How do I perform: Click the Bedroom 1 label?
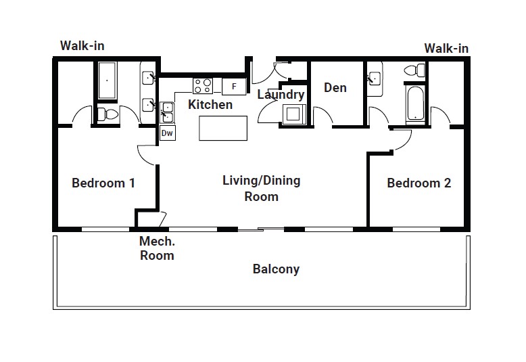pyautogui.click(x=103, y=183)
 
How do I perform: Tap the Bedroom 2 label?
pyautogui.click(x=419, y=183)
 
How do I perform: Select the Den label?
pyautogui.click(x=335, y=88)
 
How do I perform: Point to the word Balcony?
pyautogui.click(x=276, y=269)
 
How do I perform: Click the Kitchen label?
pyautogui.click(x=210, y=104)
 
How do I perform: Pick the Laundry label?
pyautogui.click(x=281, y=94)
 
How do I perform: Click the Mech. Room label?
pyautogui.click(x=157, y=248)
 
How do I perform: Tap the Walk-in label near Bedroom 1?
pyautogui.click(x=82, y=45)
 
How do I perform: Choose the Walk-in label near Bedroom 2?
pyautogui.click(x=446, y=48)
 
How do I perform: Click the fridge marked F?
pyautogui.click(x=234, y=87)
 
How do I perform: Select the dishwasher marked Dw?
pyautogui.click(x=167, y=133)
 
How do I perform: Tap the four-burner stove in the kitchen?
pyautogui.click(x=203, y=86)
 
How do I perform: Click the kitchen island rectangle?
pyautogui.click(x=223, y=129)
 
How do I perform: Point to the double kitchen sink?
pyautogui.click(x=167, y=113)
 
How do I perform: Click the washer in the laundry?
pyautogui.click(x=294, y=114)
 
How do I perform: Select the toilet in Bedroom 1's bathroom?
pyautogui.click(x=108, y=114)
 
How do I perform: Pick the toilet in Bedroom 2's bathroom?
pyautogui.click(x=414, y=71)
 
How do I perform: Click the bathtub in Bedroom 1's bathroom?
pyautogui.click(x=107, y=81)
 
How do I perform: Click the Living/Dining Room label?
pyautogui.click(x=262, y=188)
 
